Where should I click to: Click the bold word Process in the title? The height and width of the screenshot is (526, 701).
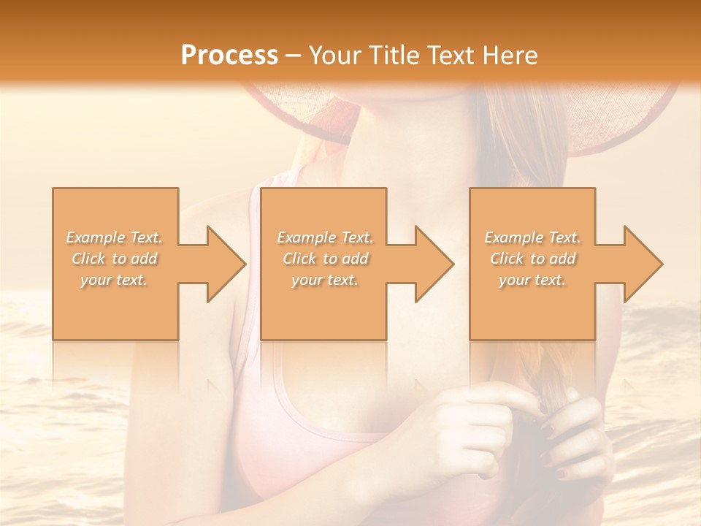[x=229, y=56]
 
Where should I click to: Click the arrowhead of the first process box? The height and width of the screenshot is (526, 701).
[x=224, y=264]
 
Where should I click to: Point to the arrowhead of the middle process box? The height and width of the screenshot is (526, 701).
[x=433, y=264]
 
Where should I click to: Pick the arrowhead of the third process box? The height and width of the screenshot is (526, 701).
[x=642, y=264]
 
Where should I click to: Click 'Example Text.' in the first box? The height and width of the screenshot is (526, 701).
[x=114, y=237]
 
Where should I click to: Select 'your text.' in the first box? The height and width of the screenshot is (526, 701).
[x=114, y=280]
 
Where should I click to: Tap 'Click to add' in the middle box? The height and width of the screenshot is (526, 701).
[x=325, y=259]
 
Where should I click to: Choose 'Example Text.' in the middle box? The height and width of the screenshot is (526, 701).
[x=325, y=237]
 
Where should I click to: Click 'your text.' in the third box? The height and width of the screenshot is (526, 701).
[x=532, y=280]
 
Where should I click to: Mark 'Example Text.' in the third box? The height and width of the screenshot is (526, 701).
[x=532, y=237]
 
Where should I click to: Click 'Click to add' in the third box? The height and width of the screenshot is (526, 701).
[x=532, y=259]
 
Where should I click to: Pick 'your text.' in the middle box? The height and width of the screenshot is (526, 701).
[x=325, y=280]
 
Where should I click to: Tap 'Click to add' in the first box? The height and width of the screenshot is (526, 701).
[x=114, y=259]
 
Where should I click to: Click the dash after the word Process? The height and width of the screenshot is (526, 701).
[x=293, y=56]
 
